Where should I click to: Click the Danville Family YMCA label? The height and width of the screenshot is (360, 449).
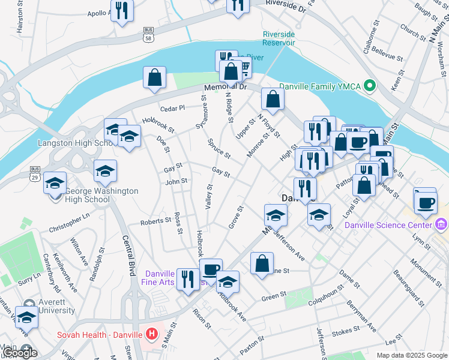327,86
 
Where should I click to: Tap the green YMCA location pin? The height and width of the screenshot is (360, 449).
370,86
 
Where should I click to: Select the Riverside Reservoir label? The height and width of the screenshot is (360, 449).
279,38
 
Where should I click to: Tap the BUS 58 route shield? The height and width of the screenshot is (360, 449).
148,34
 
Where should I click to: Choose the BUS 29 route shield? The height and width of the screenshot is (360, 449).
35,173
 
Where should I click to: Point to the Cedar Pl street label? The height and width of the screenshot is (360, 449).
172,109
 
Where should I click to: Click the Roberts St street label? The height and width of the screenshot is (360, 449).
155,221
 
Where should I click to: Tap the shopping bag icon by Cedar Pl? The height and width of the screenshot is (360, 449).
154,77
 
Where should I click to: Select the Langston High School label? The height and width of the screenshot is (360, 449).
72,143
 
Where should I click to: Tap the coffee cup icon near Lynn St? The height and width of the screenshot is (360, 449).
426,203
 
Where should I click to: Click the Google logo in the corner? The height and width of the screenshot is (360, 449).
20,353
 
